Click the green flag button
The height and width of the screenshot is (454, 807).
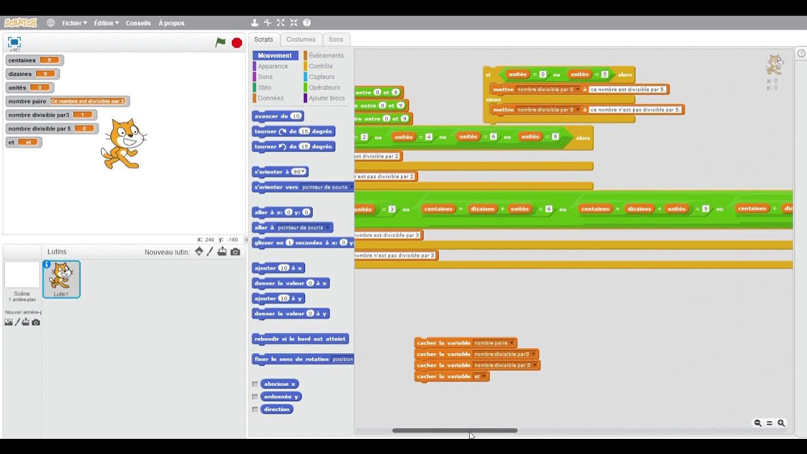coord(220,42)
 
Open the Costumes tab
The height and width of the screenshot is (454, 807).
coord(301,39)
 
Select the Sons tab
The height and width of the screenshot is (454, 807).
coord(336,39)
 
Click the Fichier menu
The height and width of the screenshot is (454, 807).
coord(74,23)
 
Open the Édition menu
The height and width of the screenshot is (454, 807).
coord(106,23)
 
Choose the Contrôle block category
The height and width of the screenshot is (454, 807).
coord(320,66)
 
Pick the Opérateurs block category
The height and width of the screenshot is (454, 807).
coord(324,88)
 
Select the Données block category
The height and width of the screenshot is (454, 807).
coord(270,98)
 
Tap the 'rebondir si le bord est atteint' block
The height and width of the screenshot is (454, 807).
coord(299,339)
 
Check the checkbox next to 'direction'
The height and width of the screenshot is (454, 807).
coord(255,409)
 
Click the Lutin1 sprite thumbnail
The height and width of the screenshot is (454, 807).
coord(61,279)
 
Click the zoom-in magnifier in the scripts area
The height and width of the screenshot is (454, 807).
coord(781,423)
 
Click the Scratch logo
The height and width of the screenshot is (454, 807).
coord(21,23)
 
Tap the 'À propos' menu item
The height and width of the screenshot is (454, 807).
coord(171,23)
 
